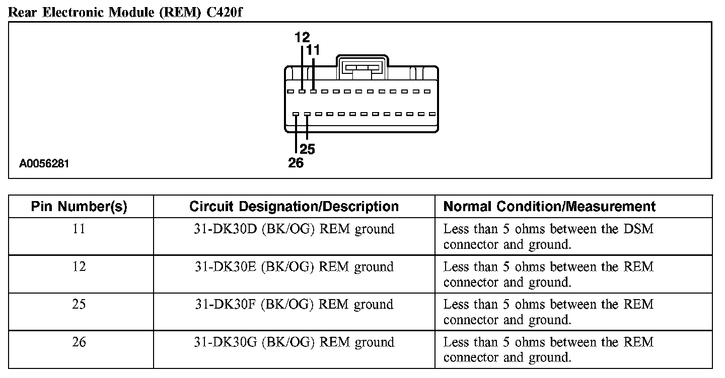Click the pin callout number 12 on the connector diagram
coord(302,37)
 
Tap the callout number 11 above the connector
coord(313,50)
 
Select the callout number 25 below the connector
coord(307,149)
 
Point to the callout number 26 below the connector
coord(296,162)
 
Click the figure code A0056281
coord(44,164)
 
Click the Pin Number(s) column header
coord(79,207)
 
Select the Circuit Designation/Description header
coord(294,207)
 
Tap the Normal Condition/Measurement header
coord(549,207)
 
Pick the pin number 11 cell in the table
coord(79,229)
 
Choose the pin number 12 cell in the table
coord(79,267)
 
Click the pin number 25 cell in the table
coord(79,305)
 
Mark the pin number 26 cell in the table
coord(79,342)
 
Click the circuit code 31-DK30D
coord(226,229)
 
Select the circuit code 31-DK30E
coord(226,267)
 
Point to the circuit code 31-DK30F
coord(226,305)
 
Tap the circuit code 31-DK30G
coord(226,342)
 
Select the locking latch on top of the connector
coord(362,68)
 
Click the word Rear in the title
coord(24,13)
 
